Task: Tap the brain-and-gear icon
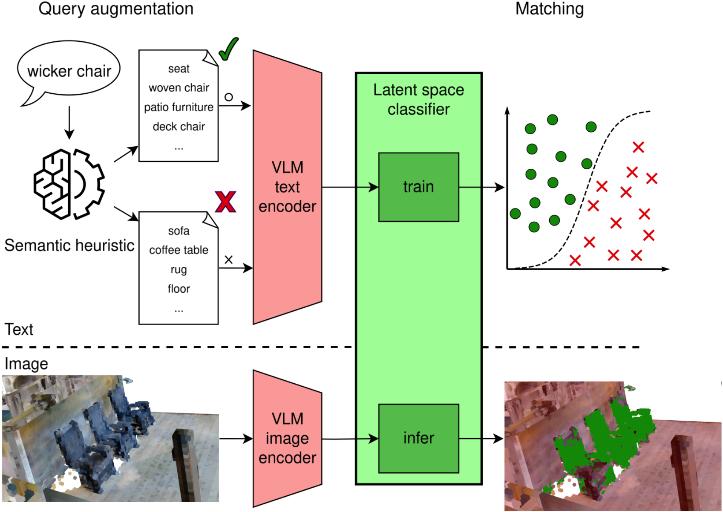pyautogui.click(x=69, y=184)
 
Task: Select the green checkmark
pyautogui.click(x=228, y=49)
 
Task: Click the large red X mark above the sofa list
pyautogui.click(x=225, y=202)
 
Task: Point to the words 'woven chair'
pyautogui.click(x=179, y=88)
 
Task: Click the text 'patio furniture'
pyautogui.click(x=179, y=107)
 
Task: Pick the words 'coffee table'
pyautogui.click(x=179, y=250)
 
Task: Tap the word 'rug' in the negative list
pyautogui.click(x=179, y=269)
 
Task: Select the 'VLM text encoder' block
pyautogui.click(x=287, y=187)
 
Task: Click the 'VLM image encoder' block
pyautogui.click(x=287, y=438)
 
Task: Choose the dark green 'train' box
pyautogui.click(x=418, y=187)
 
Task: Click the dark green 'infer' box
pyautogui.click(x=418, y=438)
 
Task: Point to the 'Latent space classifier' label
pyautogui.click(x=418, y=99)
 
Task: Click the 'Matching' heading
pyautogui.click(x=549, y=9)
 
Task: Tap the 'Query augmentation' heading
pyautogui.click(x=116, y=9)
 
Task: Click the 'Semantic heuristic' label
pyautogui.click(x=69, y=246)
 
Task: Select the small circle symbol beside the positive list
pyautogui.click(x=229, y=97)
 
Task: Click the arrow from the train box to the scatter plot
pyautogui.click(x=481, y=187)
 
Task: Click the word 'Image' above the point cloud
pyautogui.click(x=26, y=364)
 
